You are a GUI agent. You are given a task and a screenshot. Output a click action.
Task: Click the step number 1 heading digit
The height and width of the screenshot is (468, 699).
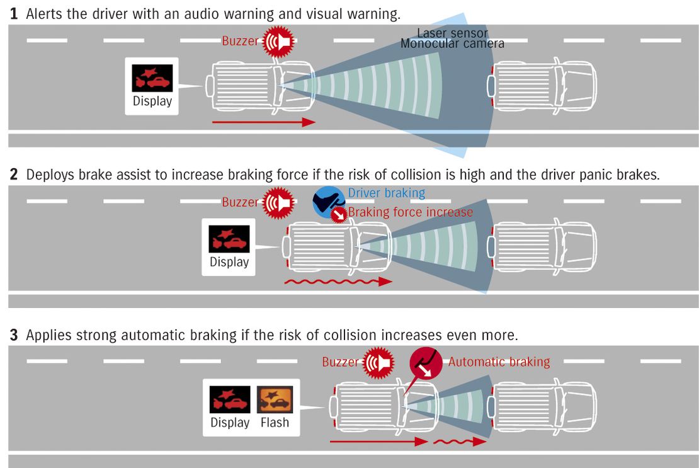click(14, 14)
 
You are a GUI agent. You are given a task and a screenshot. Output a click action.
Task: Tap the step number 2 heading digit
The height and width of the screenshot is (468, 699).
click(14, 174)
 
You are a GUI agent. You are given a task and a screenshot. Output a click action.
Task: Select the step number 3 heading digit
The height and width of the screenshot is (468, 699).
click(14, 334)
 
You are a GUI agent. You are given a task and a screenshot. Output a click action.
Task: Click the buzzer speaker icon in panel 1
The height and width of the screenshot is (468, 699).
click(278, 42)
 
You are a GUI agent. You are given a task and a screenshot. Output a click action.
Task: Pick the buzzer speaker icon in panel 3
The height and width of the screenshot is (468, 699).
click(378, 363)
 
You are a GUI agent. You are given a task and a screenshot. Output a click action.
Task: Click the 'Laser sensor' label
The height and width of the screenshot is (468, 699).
click(453, 33)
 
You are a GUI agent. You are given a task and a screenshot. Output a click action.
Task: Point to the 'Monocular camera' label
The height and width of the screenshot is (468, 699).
click(453, 43)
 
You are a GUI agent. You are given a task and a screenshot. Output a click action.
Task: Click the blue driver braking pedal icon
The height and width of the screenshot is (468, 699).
click(328, 202)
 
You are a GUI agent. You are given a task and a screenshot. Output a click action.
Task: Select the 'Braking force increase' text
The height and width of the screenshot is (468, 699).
click(410, 212)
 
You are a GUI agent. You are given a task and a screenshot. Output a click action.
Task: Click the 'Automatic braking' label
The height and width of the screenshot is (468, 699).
click(499, 362)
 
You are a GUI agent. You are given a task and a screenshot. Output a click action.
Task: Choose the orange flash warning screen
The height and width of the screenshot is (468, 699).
click(275, 399)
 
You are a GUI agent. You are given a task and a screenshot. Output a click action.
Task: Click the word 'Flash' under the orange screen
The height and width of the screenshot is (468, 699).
click(275, 422)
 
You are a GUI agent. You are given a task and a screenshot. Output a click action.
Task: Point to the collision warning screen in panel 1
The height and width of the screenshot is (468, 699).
click(152, 78)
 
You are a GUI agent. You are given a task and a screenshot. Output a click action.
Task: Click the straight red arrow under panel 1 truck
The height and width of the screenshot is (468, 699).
click(264, 122)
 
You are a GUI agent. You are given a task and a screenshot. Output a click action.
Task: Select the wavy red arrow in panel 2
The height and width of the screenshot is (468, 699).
click(338, 282)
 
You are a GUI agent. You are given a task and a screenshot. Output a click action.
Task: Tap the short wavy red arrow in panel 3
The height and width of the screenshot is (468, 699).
click(460, 442)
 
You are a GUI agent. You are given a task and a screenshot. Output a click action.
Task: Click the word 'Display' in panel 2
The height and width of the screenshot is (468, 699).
click(229, 261)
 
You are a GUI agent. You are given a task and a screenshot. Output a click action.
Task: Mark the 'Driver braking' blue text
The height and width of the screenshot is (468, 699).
click(387, 193)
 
